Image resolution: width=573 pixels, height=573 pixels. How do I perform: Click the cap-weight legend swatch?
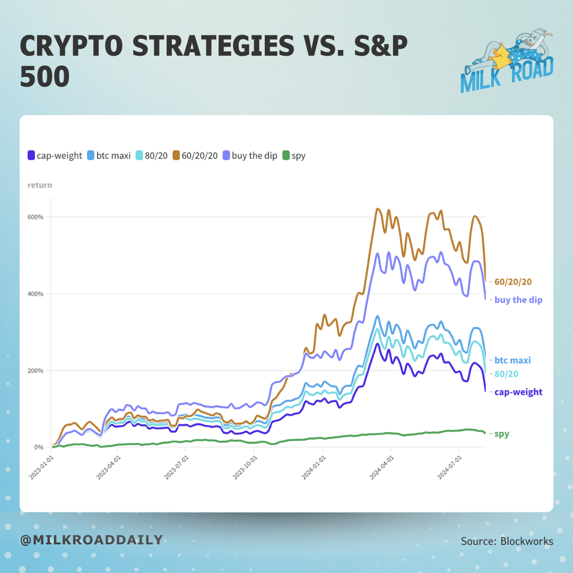[31, 156]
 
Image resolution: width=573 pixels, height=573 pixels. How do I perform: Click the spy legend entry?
[298, 156]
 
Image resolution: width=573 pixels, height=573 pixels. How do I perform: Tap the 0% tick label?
[39, 447]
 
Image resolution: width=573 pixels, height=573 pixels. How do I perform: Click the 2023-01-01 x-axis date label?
[42, 466]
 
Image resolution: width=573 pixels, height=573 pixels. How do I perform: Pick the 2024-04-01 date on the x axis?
[381, 466]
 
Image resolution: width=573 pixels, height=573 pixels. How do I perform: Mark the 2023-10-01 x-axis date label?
[246, 466]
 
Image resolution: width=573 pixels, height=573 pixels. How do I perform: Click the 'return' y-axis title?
[40, 185]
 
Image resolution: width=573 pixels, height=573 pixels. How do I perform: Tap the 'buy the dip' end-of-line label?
[518, 300]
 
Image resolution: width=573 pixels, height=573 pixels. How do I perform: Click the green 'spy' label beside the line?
[501, 434]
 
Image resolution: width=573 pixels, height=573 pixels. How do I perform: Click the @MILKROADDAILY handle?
[91, 540]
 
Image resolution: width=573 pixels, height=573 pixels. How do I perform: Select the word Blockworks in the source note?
[526, 541]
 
